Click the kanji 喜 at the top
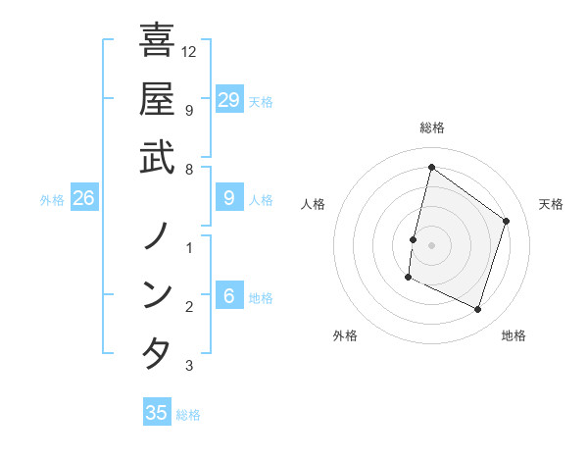click(157, 42)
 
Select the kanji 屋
click(157, 99)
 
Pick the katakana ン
click(157, 294)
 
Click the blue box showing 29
click(229, 99)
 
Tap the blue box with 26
click(84, 198)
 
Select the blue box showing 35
click(157, 413)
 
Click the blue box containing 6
click(229, 296)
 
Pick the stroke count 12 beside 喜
click(189, 51)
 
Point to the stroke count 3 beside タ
click(189, 366)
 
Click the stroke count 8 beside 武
click(189, 169)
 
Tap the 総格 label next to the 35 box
click(189, 415)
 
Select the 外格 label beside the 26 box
click(52, 200)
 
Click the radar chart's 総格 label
click(432, 128)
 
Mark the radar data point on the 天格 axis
click(507, 221)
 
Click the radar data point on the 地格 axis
click(478, 310)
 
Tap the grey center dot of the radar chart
click(432, 245)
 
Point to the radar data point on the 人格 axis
click(414, 239)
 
